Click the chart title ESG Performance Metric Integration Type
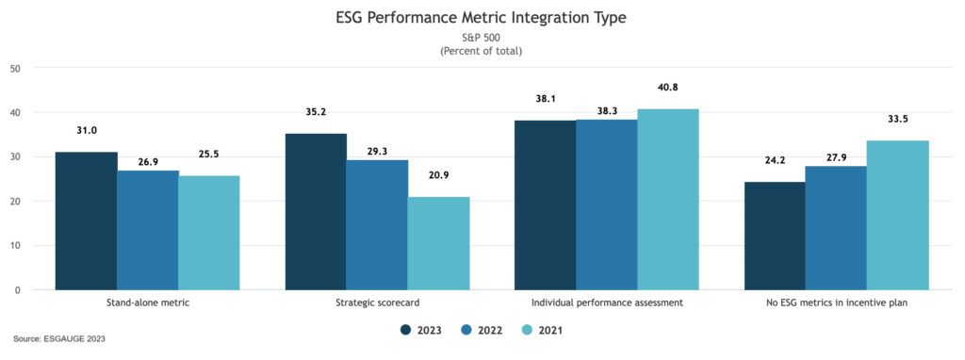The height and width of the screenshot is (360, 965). coord(482,17)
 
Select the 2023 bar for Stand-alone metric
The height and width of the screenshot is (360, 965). coord(86,221)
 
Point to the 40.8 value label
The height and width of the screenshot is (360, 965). coord(667,88)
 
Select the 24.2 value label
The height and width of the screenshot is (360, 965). coord(775,161)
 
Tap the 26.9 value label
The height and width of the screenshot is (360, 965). coord(147,150)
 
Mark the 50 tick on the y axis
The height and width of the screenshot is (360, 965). coord(15,68)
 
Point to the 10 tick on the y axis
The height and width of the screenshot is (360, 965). coord(15,246)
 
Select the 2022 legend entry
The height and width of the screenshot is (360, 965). coord(482,330)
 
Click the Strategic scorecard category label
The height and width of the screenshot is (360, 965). coord(377,303)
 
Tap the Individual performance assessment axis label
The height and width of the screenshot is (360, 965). coord(606,303)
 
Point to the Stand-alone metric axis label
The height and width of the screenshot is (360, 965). coord(147,303)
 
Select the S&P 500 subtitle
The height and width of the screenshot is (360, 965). coord(482,38)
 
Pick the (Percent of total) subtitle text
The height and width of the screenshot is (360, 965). coord(482,50)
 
